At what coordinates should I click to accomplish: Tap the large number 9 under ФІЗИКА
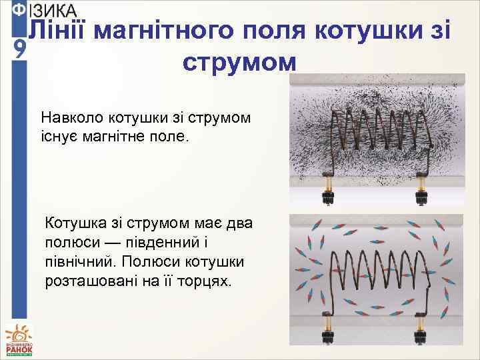[20, 49]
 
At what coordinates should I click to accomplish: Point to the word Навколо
[71, 118]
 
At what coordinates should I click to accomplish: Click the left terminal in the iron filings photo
[328, 189]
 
